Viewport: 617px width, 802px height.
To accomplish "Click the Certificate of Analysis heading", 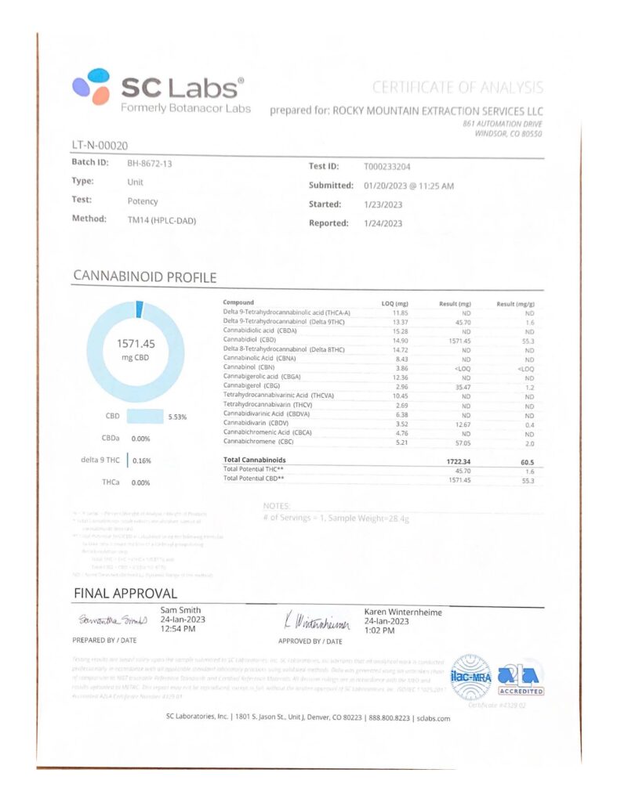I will click(x=457, y=88).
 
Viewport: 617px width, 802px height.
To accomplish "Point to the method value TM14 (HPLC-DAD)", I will click(x=162, y=220).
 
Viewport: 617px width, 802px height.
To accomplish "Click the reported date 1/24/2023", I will click(x=383, y=223).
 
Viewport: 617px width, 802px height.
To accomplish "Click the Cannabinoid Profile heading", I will click(x=144, y=276).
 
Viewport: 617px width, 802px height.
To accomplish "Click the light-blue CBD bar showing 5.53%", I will click(x=144, y=416).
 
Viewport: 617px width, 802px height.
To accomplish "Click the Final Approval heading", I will click(x=125, y=593).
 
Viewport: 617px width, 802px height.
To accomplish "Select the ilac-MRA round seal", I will click(x=470, y=676).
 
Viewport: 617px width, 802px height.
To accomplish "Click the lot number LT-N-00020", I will click(x=100, y=145).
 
